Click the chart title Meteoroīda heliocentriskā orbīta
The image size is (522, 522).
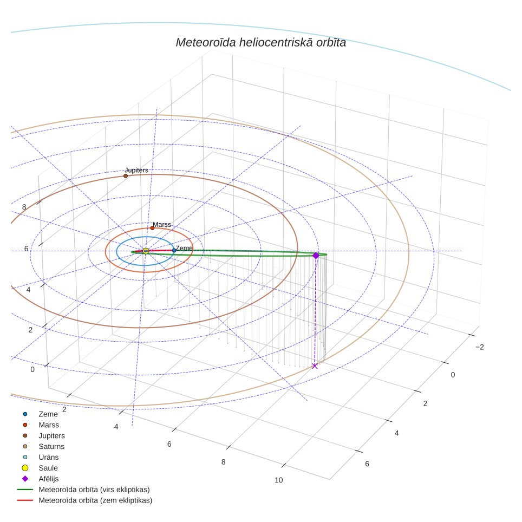click(260, 43)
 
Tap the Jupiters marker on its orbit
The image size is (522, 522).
click(126, 176)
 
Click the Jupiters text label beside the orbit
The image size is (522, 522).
click(136, 170)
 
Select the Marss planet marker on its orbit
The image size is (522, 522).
click(152, 228)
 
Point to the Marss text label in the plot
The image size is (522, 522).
click(162, 225)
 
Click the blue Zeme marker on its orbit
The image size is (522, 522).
click(174, 250)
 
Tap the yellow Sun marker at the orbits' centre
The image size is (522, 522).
click(146, 251)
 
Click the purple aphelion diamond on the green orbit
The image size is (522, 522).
click(316, 256)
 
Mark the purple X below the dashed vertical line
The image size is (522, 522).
click(315, 366)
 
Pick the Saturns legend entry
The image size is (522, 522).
click(43, 446)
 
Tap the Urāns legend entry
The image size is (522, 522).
click(41, 457)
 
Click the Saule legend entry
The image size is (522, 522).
click(40, 468)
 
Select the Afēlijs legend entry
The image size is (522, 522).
click(40, 479)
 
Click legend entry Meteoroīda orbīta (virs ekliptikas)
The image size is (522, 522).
click(83, 490)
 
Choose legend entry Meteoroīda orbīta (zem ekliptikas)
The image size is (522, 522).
click(84, 500)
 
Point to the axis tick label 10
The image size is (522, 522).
click(279, 480)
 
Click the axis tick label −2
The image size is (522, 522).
click(480, 347)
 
